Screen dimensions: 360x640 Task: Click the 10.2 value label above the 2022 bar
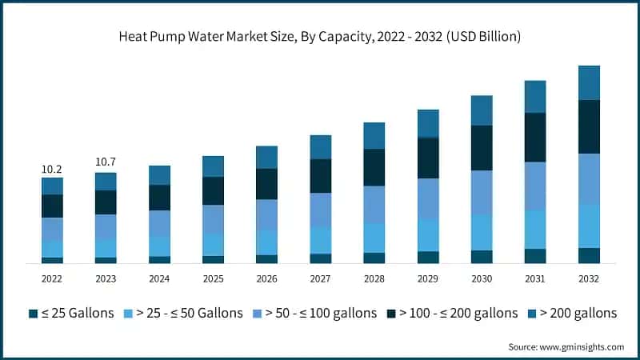click(52, 169)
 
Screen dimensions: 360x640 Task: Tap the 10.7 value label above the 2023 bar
click(106, 162)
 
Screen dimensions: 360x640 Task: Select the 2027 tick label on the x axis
click(320, 278)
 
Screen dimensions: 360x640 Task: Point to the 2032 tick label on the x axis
click(589, 278)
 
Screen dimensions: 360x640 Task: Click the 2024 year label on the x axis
click(159, 278)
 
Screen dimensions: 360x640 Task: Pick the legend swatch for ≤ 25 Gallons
click(33, 313)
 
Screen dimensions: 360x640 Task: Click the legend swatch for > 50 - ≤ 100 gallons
click(258, 313)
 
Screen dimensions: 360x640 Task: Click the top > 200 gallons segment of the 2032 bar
click(589, 82)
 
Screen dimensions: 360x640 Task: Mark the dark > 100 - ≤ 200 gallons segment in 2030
click(482, 148)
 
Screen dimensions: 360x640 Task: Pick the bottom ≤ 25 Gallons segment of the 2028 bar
click(374, 258)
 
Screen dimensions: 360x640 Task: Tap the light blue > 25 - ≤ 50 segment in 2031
click(535, 230)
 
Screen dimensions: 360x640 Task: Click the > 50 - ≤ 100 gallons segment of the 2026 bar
click(266, 214)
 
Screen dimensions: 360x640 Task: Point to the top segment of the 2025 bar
click(213, 166)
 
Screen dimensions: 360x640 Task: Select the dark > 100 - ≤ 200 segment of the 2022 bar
click(52, 206)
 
